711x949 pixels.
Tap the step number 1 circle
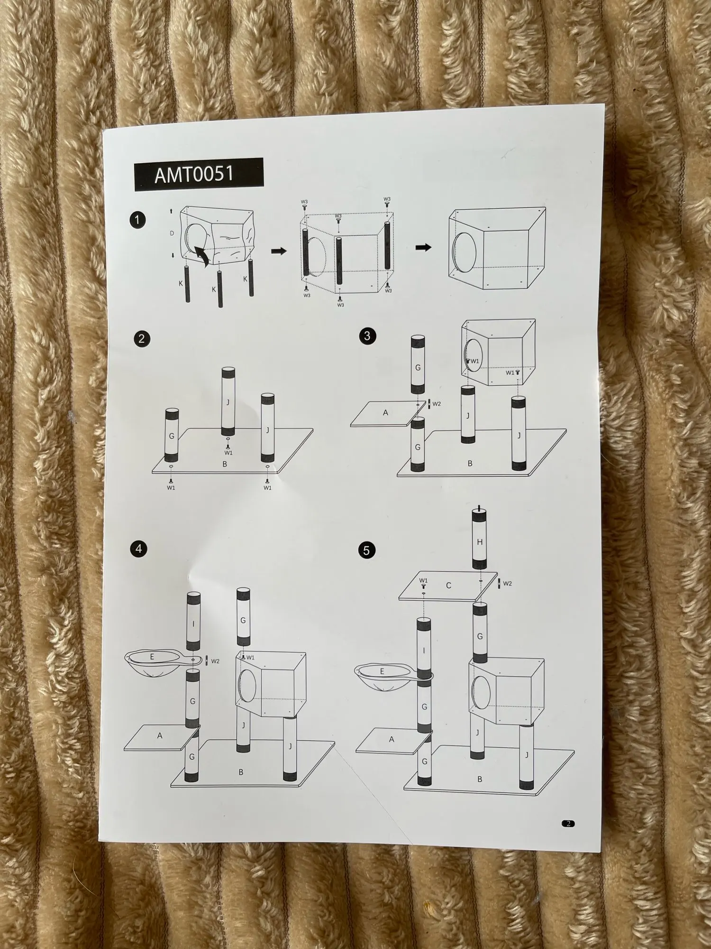coord(137,220)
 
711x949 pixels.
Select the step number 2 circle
coord(141,339)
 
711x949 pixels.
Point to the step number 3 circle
coord(367,336)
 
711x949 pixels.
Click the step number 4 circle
coord(138,549)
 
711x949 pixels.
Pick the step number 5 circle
coord(366,550)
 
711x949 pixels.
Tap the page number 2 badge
coord(568,824)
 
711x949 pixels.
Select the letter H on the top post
coord(480,542)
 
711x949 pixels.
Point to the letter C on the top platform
coord(448,586)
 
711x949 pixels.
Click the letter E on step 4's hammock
coord(152,657)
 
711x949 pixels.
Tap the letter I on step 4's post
coord(193,623)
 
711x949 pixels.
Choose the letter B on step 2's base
coord(225,464)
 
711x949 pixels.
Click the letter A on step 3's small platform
coord(385,413)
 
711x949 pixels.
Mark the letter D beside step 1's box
coord(172,233)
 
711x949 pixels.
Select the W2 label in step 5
coord(507,583)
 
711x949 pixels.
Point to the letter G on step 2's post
coord(171,436)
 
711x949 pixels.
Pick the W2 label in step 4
coord(215,661)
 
